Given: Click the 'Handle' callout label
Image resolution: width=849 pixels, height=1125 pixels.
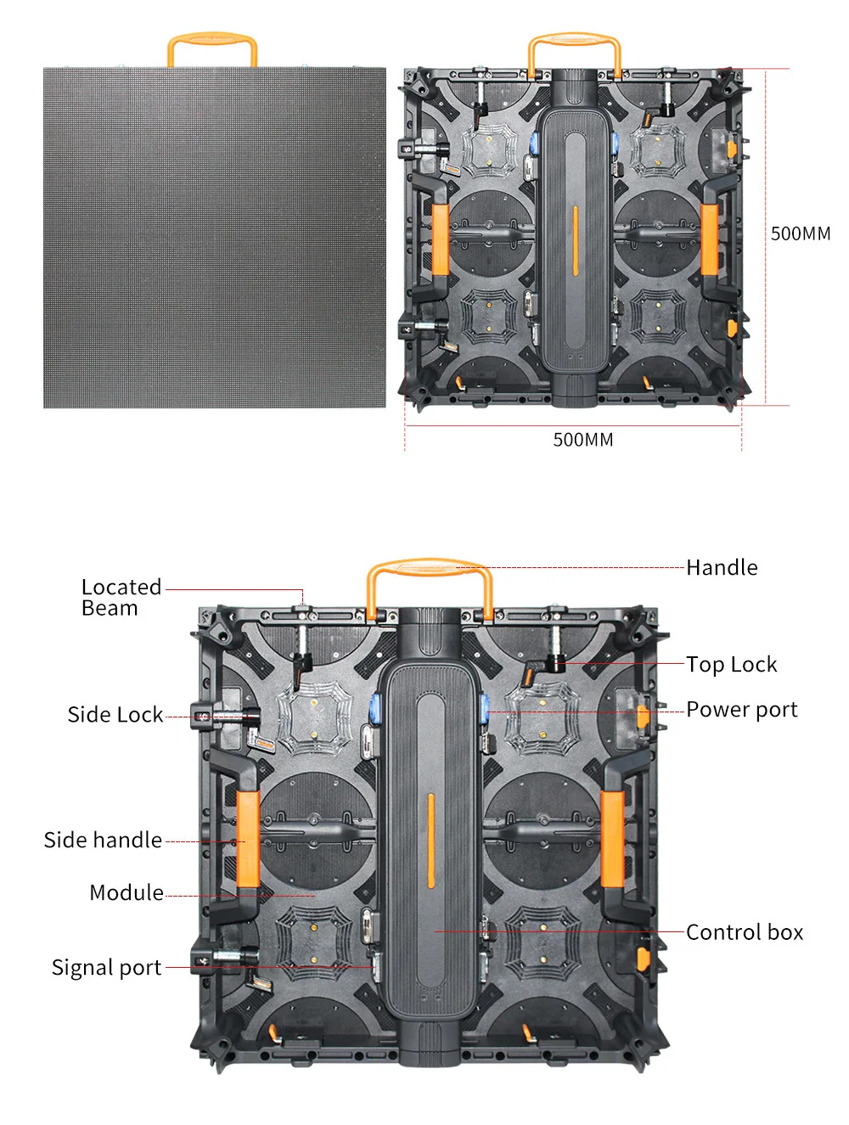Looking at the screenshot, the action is coord(722,567).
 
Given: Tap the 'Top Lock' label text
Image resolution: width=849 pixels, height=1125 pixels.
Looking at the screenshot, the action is coord(731,664).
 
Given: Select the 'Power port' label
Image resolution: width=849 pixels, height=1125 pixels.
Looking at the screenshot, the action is coord(741,710).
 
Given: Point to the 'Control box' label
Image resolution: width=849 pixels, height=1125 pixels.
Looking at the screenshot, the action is coord(744,932).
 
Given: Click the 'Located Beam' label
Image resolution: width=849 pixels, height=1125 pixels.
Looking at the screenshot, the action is coord(121,598).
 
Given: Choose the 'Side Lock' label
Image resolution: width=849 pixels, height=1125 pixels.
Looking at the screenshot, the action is coord(115,715).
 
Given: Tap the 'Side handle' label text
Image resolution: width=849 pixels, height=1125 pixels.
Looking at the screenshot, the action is coord(103,841).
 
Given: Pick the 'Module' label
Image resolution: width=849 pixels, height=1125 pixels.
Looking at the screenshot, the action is coord(127,893).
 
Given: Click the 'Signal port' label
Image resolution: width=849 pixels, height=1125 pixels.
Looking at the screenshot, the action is coord(106,968).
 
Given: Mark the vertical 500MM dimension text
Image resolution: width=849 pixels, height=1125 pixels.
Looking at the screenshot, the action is coord(800,234).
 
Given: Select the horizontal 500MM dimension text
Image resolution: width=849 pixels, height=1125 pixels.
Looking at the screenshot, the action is coord(583,440).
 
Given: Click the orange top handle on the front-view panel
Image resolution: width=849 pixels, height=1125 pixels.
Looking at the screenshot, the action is coord(212,39).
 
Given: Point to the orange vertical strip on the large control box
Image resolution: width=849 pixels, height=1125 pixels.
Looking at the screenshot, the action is coord(430,841).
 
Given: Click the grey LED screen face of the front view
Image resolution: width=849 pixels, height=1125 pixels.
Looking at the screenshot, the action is coord(214,238).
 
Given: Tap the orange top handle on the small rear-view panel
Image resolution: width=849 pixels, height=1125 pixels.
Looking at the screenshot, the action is coord(574,39).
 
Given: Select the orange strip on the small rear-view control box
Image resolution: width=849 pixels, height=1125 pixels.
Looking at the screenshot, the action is coord(575,240).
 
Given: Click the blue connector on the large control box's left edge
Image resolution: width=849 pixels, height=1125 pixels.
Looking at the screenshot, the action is coord(374,706).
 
